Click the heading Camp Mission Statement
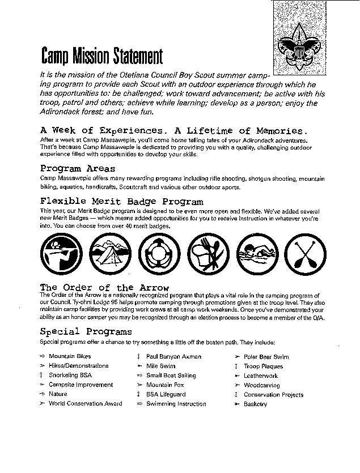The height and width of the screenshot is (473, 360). coord(102,56)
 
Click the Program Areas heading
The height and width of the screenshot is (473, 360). coord(78,168)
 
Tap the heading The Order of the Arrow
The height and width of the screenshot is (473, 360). coord(104,287)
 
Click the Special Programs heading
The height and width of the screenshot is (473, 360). coord(86,331)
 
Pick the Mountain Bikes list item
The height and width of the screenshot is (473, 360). coord(70,357)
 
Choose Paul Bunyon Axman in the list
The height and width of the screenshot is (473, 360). coord(173,357)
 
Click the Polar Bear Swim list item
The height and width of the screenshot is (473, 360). coord(266,357)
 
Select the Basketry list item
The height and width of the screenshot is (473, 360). coord(255,404)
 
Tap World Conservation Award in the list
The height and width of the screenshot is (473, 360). coord(85,404)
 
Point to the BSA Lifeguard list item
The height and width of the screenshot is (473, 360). coord(166,394)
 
